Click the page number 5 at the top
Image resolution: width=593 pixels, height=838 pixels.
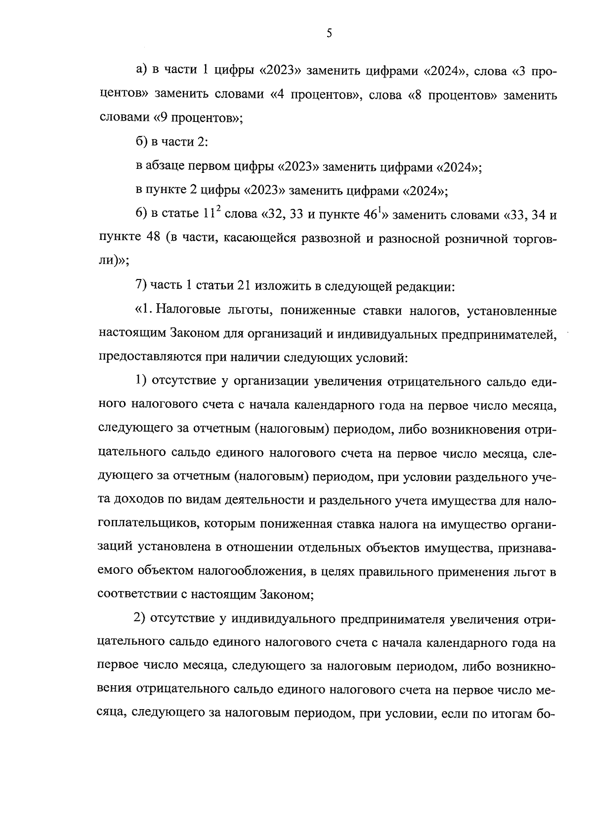(329, 34)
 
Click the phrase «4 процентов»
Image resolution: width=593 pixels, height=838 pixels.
(313, 95)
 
